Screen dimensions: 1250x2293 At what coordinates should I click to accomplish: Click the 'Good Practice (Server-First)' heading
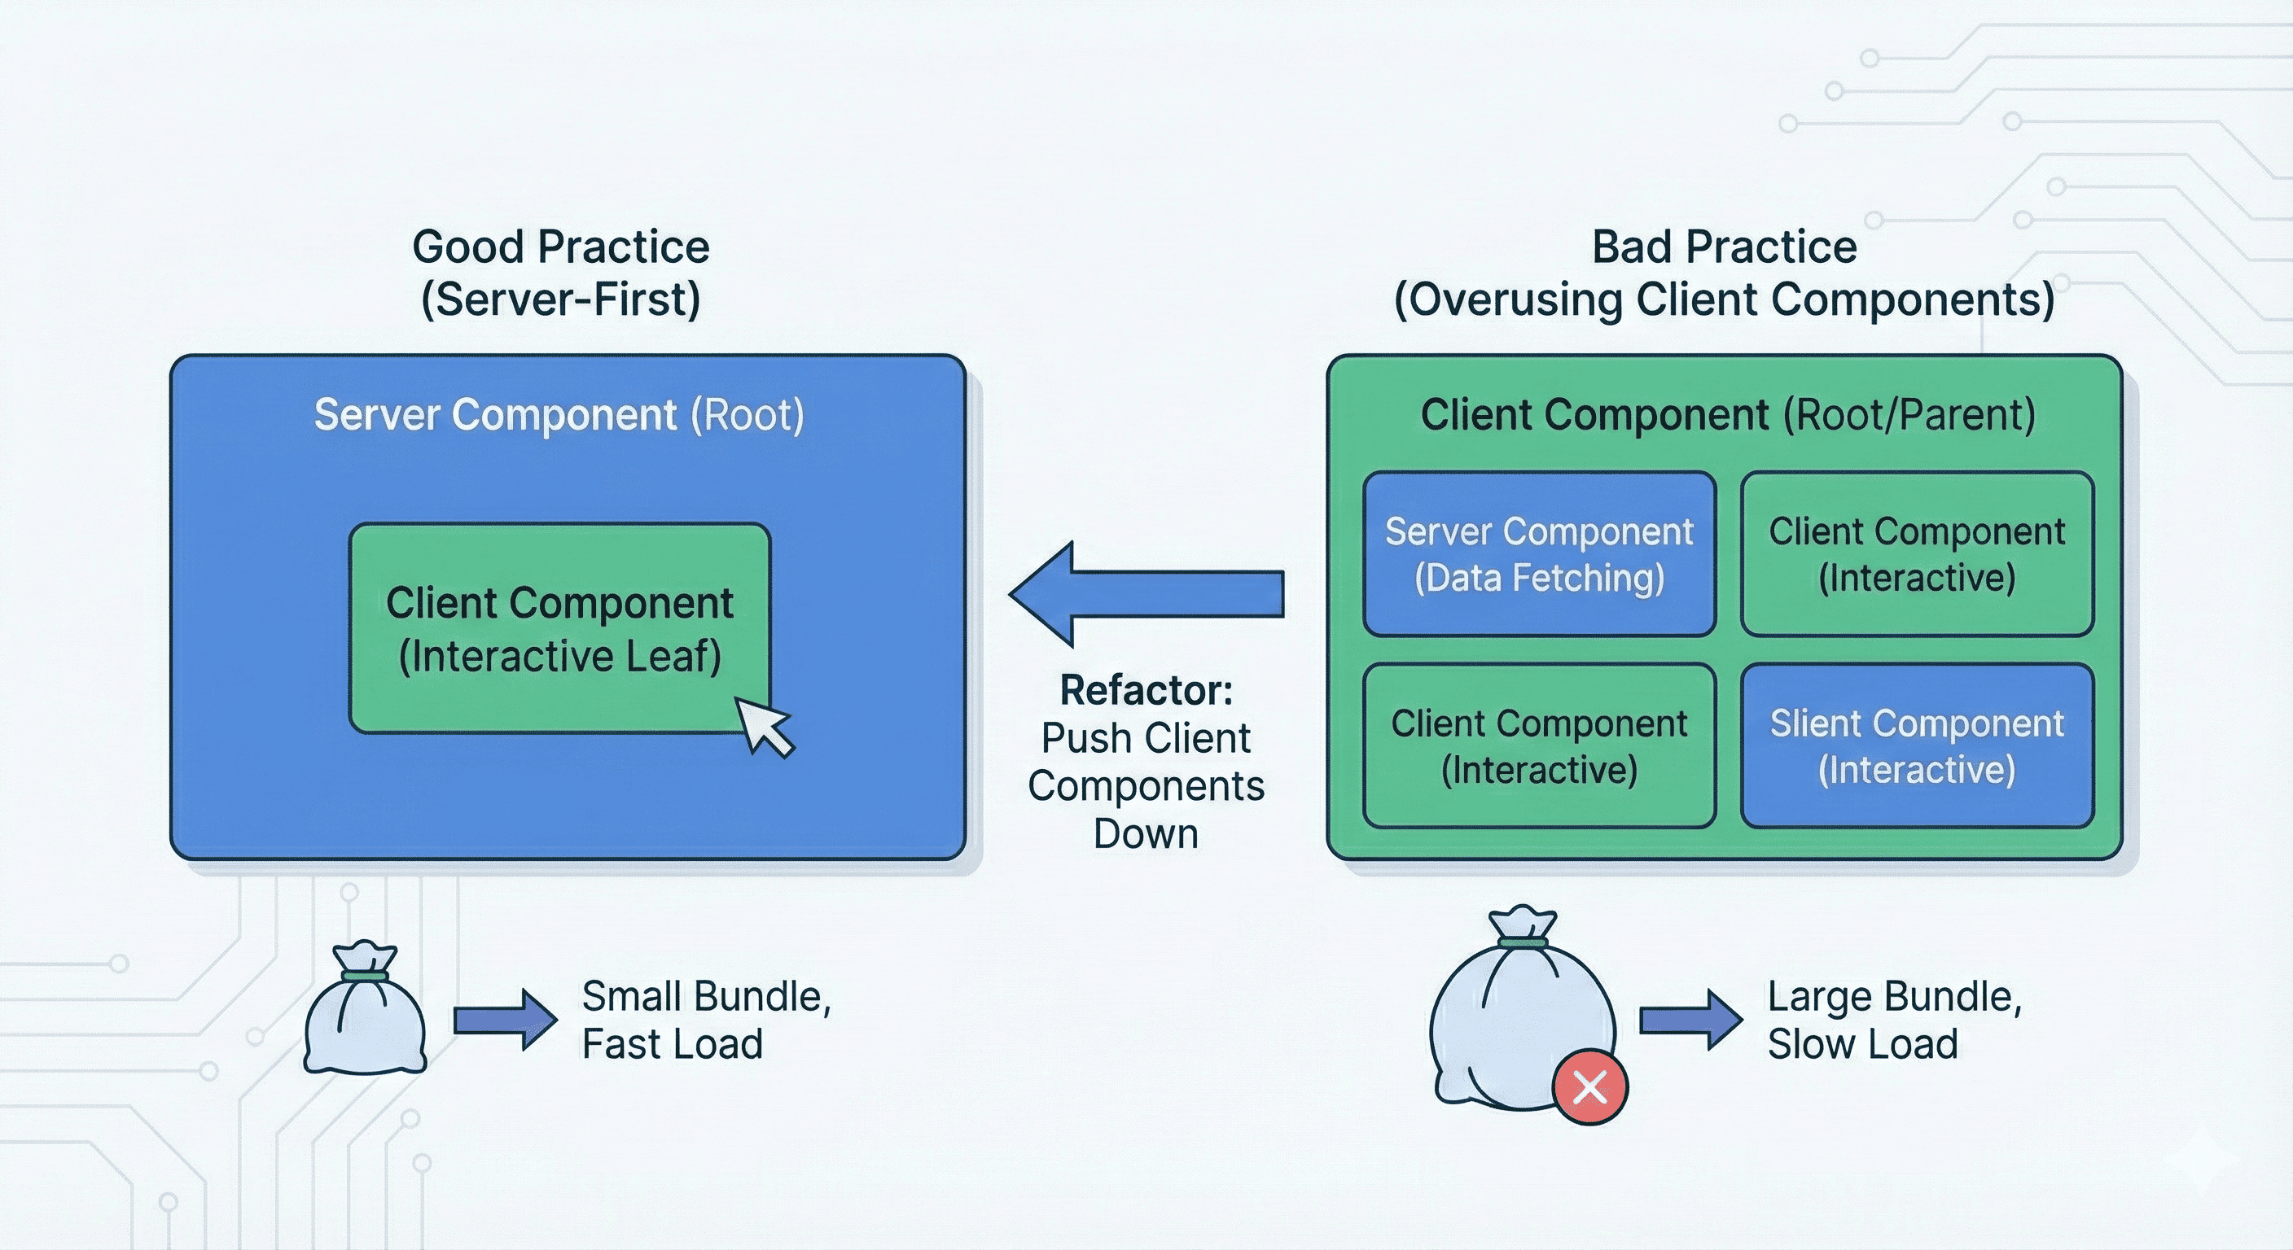[x=561, y=273]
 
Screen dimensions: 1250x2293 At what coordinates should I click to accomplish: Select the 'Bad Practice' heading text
[x=1724, y=247]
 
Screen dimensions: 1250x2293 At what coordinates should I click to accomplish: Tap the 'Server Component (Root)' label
[x=559, y=414]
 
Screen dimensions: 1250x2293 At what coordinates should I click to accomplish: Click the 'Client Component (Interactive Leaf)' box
[x=559, y=628]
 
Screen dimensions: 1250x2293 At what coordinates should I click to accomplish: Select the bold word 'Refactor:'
[x=1146, y=690]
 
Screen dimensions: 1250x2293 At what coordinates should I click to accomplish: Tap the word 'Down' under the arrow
[x=1146, y=833]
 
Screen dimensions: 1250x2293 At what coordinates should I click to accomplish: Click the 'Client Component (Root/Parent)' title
[x=1727, y=414]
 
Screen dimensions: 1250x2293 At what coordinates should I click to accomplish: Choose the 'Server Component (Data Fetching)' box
[x=1539, y=554]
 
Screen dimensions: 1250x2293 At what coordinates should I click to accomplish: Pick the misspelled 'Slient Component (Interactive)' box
[x=1917, y=745]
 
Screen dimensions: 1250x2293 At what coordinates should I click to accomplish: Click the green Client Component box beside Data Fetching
[x=1917, y=554]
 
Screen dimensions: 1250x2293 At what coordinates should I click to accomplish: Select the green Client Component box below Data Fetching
[x=1539, y=745]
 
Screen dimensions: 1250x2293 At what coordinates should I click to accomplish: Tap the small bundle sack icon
[x=365, y=1014]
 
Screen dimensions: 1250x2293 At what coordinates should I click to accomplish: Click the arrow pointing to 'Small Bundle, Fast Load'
[x=505, y=1021]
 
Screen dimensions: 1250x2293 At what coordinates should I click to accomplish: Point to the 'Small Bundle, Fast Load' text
[x=705, y=1020]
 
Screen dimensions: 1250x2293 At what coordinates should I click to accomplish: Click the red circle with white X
[x=1589, y=1086]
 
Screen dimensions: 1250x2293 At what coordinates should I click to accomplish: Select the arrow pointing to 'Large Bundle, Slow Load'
[x=1690, y=1021]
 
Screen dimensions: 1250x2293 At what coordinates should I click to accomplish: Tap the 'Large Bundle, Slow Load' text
[x=1894, y=1020]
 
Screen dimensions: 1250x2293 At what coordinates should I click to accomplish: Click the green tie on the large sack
[x=1523, y=942]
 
